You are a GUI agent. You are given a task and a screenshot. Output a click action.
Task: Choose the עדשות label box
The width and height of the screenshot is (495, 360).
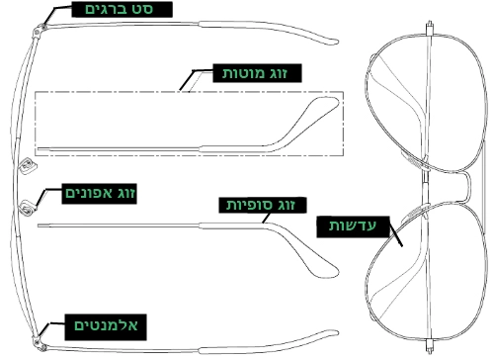click(350, 225)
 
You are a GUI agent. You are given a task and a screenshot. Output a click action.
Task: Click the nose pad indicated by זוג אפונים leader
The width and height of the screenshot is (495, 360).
click(27, 207)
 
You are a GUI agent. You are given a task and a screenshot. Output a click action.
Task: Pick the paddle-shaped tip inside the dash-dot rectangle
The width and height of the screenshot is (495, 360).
click(318, 107)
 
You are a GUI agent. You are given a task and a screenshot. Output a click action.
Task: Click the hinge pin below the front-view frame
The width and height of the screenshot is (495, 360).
click(432, 345)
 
